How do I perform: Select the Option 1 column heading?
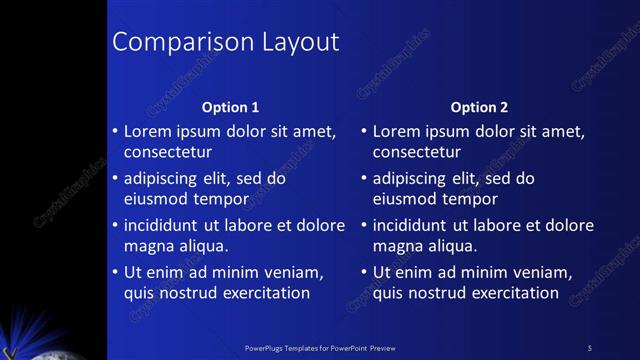click(x=230, y=107)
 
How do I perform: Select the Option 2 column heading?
click(x=479, y=107)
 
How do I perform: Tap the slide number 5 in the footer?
click(x=589, y=348)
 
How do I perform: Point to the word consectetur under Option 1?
click(x=168, y=153)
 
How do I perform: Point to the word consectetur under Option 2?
click(x=417, y=153)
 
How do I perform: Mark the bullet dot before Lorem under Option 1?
click(x=114, y=131)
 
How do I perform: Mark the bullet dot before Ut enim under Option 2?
click(x=363, y=271)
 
